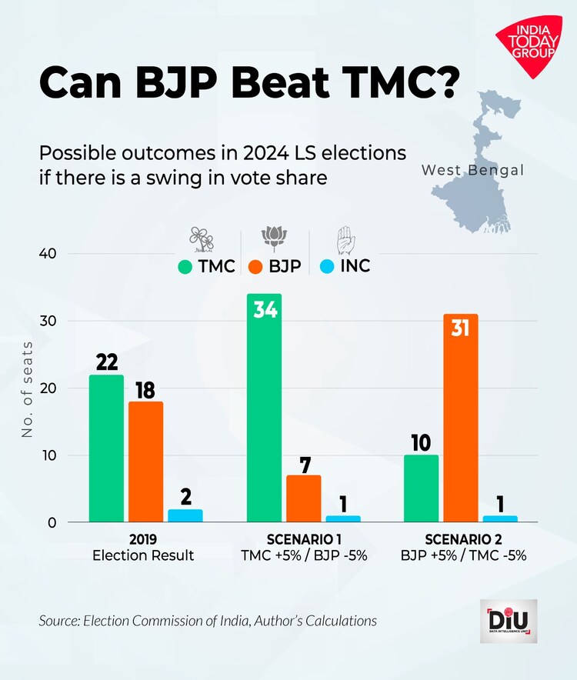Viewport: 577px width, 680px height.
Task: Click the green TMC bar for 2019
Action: pyautogui.click(x=106, y=449)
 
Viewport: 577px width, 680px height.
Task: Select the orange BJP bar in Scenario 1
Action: pyautogui.click(x=303, y=499)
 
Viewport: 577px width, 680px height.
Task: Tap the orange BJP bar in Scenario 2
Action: pyautogui.click(x=460, y=418)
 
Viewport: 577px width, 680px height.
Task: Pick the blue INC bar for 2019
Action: pyautogui.click(x=185, y=516)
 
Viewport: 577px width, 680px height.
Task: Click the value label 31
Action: pyautogui.click(x=460, y=332)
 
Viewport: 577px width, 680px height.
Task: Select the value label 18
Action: pyautogui.click(x=145, y=389)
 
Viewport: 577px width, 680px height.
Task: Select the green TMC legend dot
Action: pyautogui.click(x=185, y=267)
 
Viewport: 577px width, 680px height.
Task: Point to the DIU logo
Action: pyautogui.click(x=508, y=621)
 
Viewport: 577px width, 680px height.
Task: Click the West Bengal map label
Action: pyautogui.click(x=472, y=170)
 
